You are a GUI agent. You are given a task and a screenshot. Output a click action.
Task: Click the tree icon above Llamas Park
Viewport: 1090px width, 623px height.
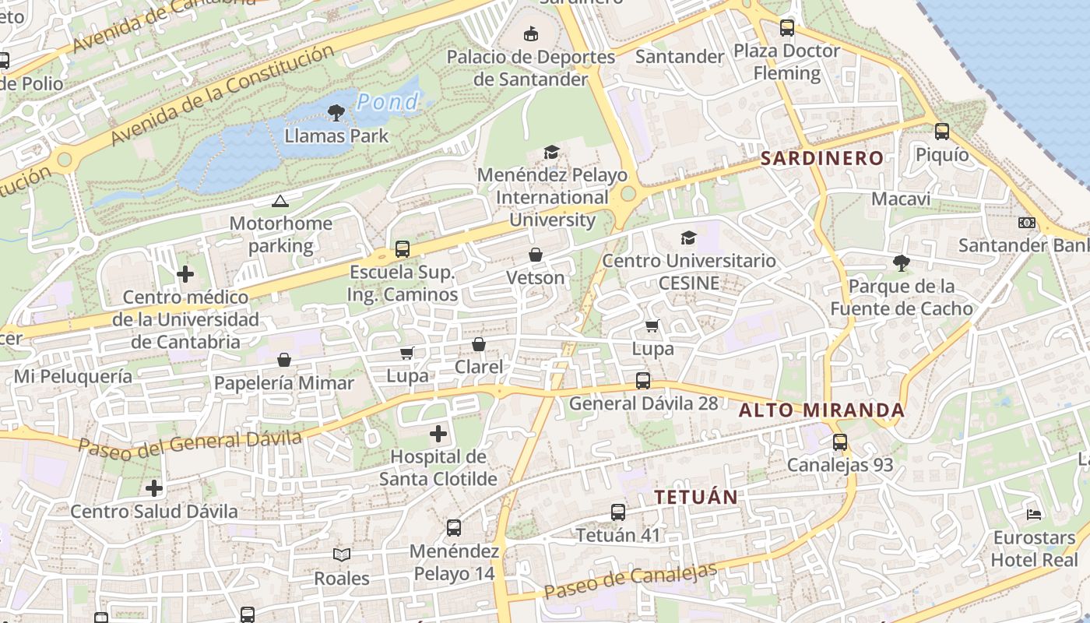click(x=336, y=113)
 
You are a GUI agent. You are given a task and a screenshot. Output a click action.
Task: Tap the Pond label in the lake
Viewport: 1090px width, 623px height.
click(x=388, y=102)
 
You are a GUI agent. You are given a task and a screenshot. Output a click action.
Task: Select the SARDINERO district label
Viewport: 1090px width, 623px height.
click(x=822, y=159)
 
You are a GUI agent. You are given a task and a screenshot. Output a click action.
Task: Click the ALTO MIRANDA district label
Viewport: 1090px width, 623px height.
click(x=821, y=410)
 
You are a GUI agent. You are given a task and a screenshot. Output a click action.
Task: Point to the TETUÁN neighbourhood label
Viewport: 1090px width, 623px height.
click(x=696, y=497)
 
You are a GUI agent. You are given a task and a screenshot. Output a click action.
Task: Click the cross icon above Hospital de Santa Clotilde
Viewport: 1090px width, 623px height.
click(x=438, y=434)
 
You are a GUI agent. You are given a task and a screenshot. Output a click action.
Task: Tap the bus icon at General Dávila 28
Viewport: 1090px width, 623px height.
click(x=643, y=381)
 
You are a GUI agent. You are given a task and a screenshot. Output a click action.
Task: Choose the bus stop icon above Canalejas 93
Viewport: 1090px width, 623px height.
click(x=840, y=442)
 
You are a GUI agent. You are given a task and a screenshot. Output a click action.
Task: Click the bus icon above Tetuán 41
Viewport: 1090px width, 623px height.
click(x=618, y=512)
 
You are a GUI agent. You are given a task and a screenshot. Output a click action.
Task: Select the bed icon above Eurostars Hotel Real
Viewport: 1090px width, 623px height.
click(x=1034, y=515)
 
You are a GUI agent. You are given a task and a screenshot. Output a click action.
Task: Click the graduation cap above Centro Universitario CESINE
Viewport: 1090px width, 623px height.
click(x=689, y=238)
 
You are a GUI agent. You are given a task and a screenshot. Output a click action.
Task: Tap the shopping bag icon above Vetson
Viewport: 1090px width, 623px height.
click(x=536, y=255)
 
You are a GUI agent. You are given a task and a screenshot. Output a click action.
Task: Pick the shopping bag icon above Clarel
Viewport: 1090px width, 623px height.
click(x=479, y=344)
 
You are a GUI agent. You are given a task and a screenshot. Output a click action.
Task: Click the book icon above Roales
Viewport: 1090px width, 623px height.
click(x=342, y=555)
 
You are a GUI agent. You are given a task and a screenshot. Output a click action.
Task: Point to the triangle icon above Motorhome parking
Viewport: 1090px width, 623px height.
click(x=280, y=202)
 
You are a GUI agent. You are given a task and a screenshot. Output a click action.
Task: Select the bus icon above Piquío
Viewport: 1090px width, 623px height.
click(x=942, y=132)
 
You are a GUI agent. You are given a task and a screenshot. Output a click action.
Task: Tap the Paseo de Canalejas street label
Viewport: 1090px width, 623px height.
click(x=630, y=580)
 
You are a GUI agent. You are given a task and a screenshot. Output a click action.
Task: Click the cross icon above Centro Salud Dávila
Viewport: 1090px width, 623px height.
click(x=154, y=488)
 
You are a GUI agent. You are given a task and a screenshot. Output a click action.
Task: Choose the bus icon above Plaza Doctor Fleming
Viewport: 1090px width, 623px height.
click(x=787, y=29)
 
